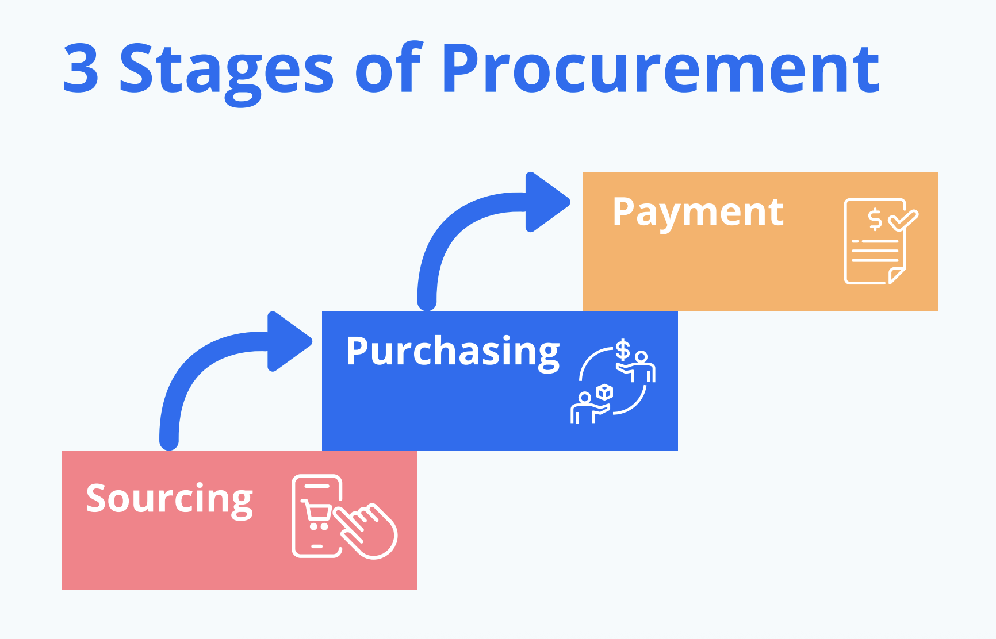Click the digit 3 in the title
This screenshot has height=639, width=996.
coord(81,68)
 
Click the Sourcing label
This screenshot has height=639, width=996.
coord(169,499)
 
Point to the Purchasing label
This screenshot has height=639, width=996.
coord(453,352)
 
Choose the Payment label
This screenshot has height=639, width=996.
coord(698,213)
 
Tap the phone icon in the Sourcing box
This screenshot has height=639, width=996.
coord(317,516)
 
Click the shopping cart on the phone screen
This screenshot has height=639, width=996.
coord(316,515)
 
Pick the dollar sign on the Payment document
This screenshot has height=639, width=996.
coord(875,219)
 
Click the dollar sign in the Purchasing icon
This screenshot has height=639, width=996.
coord(623,349)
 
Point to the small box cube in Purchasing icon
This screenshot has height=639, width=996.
coord(604,392)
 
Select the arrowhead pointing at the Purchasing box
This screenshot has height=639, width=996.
coord(289,341)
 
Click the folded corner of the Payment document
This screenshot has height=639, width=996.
coord(897,276)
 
